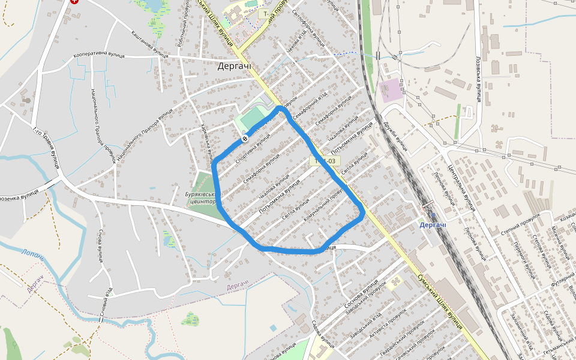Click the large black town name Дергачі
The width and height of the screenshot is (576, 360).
coord(235,66)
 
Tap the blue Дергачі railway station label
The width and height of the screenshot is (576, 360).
coord(433,225)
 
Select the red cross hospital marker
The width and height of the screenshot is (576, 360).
coord(74,1)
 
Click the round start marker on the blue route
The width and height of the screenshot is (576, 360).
coord(245,139)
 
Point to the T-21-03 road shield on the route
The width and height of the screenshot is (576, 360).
coord(325,161)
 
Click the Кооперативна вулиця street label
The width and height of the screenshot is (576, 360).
coord(99,55)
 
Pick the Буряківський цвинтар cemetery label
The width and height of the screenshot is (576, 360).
coord(200,198)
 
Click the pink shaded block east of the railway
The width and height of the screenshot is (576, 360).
coord(392,90)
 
